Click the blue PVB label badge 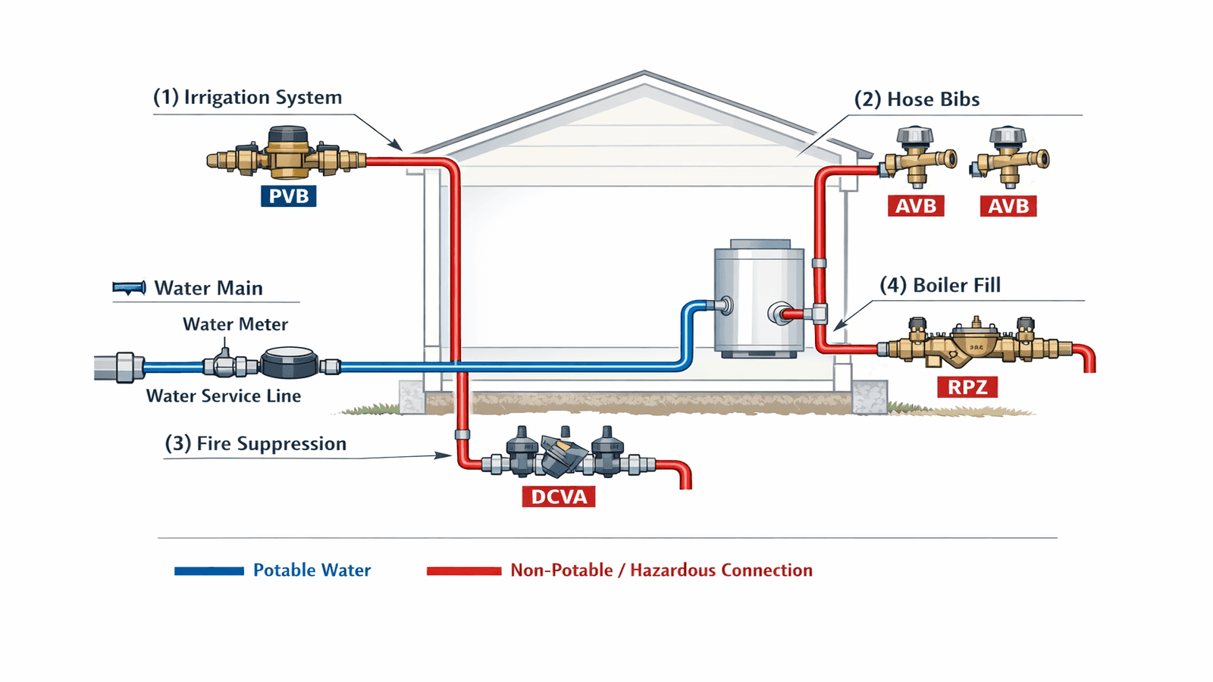point(288,196)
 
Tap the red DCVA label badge point(559,496)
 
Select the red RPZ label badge point(967,387)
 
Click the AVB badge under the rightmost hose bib point(1008,206)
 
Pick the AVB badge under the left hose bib point(916,206)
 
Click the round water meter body point(289,363)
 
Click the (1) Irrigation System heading point(247,98)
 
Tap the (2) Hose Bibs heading point(917,99)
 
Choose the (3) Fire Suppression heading point(255,444)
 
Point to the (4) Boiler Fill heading point(940,286)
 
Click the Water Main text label point(208,289)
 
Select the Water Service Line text point(224,396)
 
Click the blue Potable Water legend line point(208,571)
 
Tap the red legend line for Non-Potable point(463,571)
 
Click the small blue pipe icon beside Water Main point(129,288)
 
